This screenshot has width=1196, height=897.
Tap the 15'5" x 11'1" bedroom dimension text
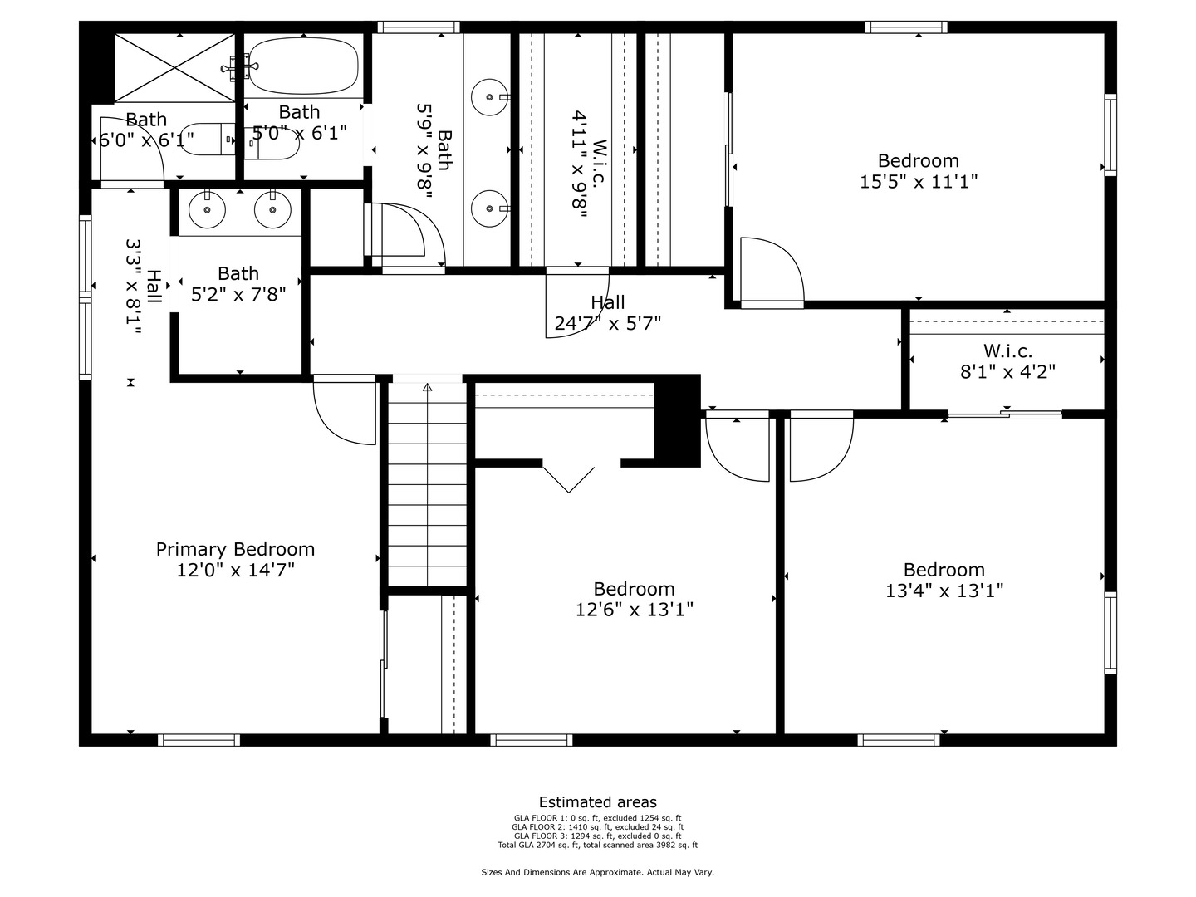click(918, 181)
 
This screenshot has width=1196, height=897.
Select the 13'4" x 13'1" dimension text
click(944, 591)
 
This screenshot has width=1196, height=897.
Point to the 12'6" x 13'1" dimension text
click(634, 610)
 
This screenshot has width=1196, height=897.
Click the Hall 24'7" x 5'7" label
click(607, 313)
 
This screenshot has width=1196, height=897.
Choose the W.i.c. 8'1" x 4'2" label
click(1007, 361)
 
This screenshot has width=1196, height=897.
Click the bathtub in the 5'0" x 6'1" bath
click(304, 66)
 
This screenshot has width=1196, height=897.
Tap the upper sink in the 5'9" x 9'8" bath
click(489, 97)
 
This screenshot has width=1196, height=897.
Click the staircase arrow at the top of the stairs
click(427, 387)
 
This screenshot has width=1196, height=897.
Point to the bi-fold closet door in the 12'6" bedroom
click(569, 478)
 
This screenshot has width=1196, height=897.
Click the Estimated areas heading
click(597, 802)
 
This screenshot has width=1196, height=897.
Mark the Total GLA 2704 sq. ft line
click(597, 846)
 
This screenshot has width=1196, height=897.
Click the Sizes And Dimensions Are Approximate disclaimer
click(597, 872)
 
